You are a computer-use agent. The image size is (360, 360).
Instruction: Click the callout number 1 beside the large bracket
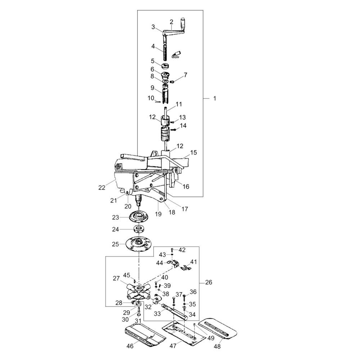coord(215,99)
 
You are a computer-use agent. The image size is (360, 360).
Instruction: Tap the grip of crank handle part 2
coord(184,23)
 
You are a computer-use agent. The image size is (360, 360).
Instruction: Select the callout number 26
coord(208,282)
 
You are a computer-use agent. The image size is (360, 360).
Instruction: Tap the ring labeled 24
coord(139,229)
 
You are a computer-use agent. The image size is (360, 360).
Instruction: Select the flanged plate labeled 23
coord(139,217)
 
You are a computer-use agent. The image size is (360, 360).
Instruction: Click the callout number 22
coord(102,188)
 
